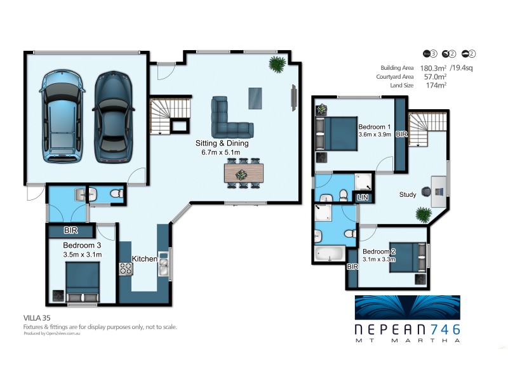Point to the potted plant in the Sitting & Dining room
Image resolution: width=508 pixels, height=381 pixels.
click(277, 63)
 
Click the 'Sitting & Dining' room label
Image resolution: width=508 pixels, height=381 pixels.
click(222, 144)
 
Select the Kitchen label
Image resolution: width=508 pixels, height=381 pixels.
click(144, 258)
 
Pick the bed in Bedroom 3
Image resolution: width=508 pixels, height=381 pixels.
click(83, 281)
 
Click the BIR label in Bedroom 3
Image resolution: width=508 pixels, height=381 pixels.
click(70, 231)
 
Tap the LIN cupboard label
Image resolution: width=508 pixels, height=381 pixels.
click(363, 198)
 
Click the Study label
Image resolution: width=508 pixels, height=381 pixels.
click(407, 194)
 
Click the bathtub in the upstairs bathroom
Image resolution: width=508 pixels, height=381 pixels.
click(329, 256)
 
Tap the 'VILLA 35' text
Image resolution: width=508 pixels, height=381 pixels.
click(37, 316)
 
